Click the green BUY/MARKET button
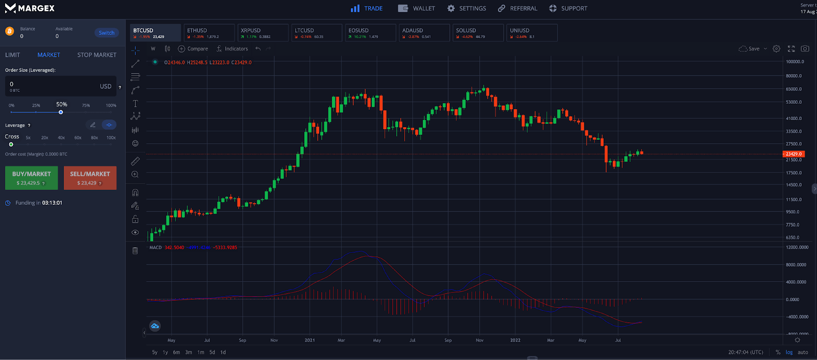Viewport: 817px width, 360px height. click(x=32, y=178)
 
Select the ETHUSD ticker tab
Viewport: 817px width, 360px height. click(x=209, y=33)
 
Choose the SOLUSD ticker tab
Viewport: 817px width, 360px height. click(x=477, y=33)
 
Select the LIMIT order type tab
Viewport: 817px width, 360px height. click(x=13, y=55)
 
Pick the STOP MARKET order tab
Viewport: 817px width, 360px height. click(x=97, y=55)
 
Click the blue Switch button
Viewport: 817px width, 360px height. click(x=107, y=33)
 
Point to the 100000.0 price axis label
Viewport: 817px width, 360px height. click(x=795, y=61)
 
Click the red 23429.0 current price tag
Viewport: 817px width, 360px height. click(x=794, y=154)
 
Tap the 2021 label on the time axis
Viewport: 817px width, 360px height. click(x=309, y=340)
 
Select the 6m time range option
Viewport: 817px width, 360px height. click(x=176, y=352)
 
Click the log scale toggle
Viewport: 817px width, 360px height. click(x=789, y=352)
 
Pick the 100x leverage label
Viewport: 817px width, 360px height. click(x=111, y=138)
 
